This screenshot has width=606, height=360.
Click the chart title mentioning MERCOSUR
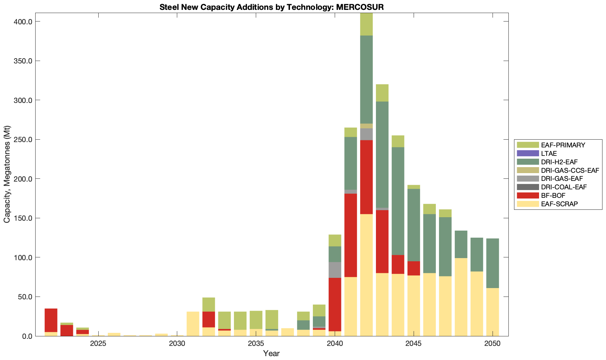pos(271,7)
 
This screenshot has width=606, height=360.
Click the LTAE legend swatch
pos(528,153)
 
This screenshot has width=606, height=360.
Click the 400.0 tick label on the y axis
pos(24,22)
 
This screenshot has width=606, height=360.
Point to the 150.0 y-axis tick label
pos(24,218)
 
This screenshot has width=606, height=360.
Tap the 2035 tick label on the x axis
pos(256,344)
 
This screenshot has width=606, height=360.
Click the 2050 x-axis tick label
pos(493,344)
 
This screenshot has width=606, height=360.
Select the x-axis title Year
pos(271,353)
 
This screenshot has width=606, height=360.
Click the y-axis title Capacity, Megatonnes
pos(7,174)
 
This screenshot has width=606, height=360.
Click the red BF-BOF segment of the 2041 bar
pos(351,235)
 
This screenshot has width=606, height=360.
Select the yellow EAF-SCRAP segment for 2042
pos(366,275)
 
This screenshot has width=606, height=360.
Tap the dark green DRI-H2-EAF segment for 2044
pos(398,201)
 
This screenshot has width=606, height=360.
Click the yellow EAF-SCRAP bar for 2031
pos(193,324)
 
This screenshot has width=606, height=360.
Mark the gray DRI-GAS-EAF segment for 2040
pos(335,270)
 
